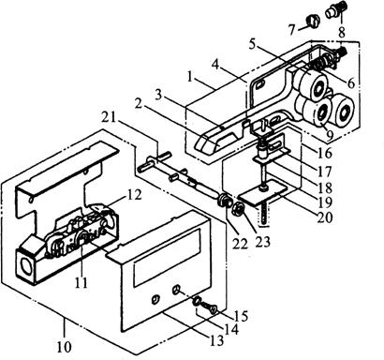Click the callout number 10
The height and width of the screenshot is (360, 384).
[65, 347]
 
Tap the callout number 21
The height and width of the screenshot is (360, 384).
[109, 117]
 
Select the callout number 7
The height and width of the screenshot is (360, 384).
[292, 30]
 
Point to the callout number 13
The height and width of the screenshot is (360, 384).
[217, 340]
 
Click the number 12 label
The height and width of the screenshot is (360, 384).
[134, 194]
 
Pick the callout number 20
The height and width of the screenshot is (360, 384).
[325, 217]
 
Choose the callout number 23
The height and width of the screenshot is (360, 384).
[262, 241]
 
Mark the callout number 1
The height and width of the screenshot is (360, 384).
[191, 77]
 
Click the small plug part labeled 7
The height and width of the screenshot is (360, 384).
[313, 22]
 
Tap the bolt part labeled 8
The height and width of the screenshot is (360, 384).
[333, 10]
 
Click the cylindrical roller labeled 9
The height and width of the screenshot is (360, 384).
[317, 112]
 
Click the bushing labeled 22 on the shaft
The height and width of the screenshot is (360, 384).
[224, 201]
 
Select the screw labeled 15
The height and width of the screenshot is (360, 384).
[209, 307]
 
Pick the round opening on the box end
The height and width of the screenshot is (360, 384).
[25, 265]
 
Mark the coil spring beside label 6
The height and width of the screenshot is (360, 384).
[320, 62]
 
